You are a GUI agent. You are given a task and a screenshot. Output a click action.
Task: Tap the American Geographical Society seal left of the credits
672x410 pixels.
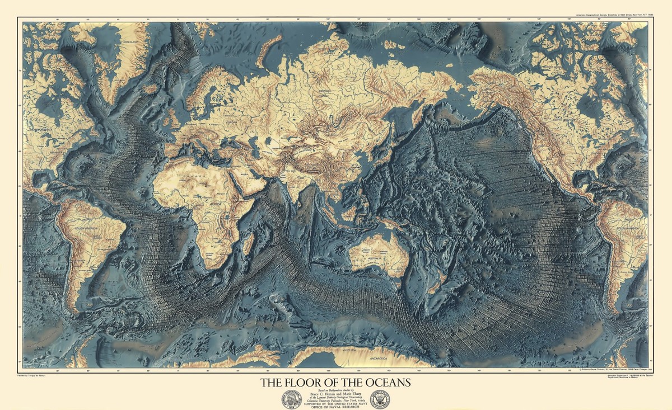[x=291, y=399]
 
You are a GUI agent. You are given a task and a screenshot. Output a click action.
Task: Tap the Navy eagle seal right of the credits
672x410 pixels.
[x=379, y=399]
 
